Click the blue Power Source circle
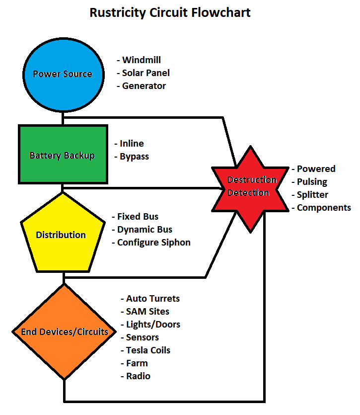pyautogui.click(x=63, y=74)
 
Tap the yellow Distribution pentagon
pyautogui.click(x=61, y=235)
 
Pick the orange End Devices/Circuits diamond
pyautogui.click(x=64, y=332)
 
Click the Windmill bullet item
pyautogui.click(x=143, y=60)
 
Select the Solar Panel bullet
pyautogui.click(x=145, y=73)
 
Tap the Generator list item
pyautogui.click(x=144, y=86)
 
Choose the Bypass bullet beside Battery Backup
pyautogui.click(x=134, y=157)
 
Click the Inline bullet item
pyautogui.click(x=132, y=144)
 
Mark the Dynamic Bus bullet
pyautogui.click(x=144, y=230)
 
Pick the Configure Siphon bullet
pyautogui.click(x=153, y=243)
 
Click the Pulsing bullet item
pyautogui.click(x=312, y=182)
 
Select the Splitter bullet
pyautogui.click(x=312, y=195)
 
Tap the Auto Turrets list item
pyautogui.click(x=152, y=299)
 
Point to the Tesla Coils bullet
pyautogui.click(x=148, y=350)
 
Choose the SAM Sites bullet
pyautogui.click(x=147, y=312)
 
